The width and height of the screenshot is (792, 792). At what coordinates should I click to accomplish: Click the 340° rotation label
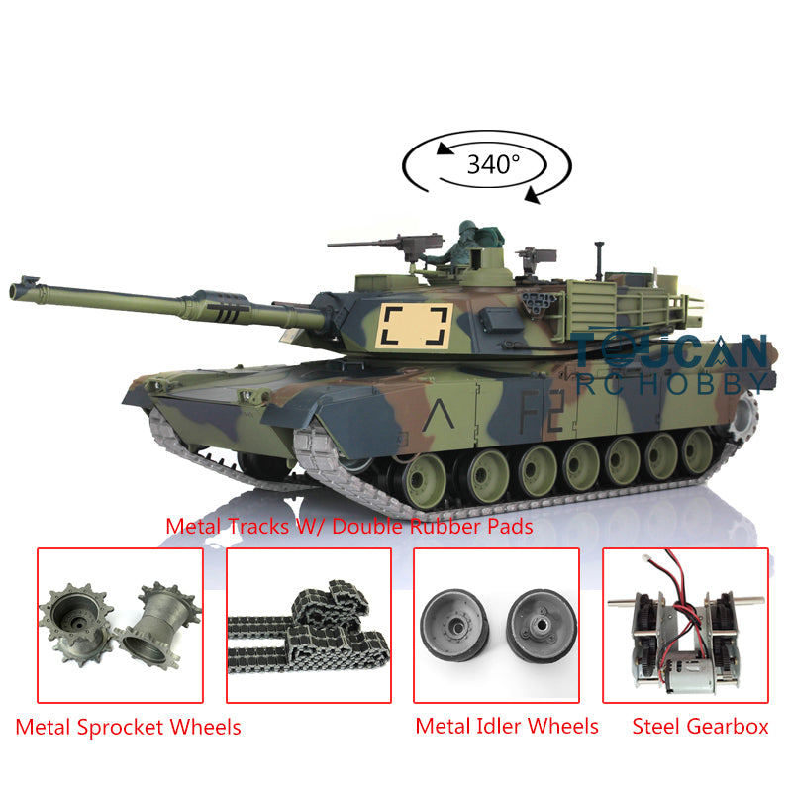[493, 164]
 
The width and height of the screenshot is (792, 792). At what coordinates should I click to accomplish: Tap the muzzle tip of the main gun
[12, 291]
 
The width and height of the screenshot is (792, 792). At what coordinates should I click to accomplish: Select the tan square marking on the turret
[415, 327]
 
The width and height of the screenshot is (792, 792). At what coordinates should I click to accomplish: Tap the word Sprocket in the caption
[120, 728]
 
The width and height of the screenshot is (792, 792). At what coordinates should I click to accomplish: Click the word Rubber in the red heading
[445, 527]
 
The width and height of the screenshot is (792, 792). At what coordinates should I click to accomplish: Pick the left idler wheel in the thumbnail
[453, 625]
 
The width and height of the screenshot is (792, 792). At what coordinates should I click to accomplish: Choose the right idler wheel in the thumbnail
[542, 626]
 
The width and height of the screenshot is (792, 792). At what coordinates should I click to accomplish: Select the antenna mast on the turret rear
[599, 260]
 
